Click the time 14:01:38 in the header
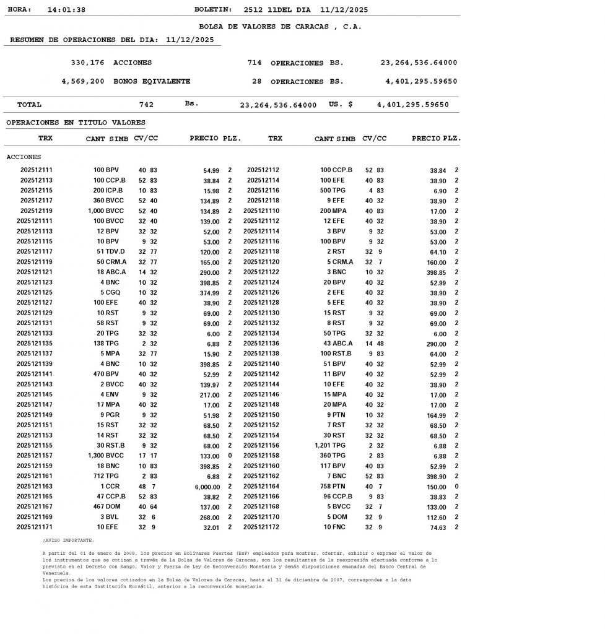click(x=66, y=10)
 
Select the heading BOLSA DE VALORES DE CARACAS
click(x=280, y=27)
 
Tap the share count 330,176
click(x=87, y=63)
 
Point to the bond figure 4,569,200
click(x=83, y=81)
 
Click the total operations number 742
click(x=146, y=105)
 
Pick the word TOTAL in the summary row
click(x=30, y=105)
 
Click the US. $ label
click(x=341, y=105)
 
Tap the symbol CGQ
click(x=111, y=292)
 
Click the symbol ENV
click(x=111, y=394)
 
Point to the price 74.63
click(x=438, y=528)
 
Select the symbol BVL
click(x=111, y=516)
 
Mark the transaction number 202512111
click(x=37, y=170)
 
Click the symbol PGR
click(x=112, y=414)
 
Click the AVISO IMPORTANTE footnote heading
click(x=69, y=540)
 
